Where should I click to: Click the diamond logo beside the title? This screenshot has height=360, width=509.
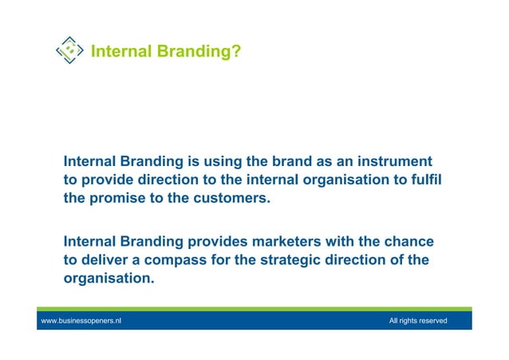(70, 50)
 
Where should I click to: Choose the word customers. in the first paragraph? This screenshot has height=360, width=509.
(231, 198)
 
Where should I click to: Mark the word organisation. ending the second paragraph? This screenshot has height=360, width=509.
(109, 279)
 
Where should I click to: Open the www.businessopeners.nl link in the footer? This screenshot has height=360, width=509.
(81, 321)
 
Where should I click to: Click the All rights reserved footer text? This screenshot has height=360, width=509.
(418, 321)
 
